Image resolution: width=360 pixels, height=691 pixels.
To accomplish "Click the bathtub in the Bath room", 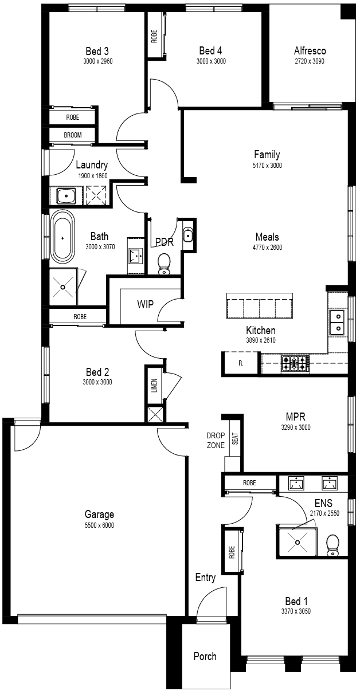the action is click(62, 237).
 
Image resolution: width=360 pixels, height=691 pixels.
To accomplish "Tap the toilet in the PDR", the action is click(163, 264).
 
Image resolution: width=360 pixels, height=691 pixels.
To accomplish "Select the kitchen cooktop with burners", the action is click(295, 363).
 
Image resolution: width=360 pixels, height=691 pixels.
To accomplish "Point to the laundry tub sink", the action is click(66, 195).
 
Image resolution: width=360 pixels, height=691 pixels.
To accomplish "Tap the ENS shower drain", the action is click(298, 542).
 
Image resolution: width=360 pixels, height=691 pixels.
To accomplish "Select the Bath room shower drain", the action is click(62, 287).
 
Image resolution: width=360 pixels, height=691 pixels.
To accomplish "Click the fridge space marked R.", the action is click(241, 363).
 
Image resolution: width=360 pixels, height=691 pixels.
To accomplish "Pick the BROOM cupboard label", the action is click(73, 135).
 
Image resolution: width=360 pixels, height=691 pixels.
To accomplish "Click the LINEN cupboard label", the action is click(154, 385).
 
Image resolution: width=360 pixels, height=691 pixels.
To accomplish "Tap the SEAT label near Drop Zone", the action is click(235, 438).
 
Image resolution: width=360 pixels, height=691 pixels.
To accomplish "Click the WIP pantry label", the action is click(145, 304).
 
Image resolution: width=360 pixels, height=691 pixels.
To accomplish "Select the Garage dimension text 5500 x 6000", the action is click(99, 525).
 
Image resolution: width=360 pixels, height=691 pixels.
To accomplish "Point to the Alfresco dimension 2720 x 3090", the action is click(310, 61).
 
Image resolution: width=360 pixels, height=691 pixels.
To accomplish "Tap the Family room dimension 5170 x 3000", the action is click(267, 166).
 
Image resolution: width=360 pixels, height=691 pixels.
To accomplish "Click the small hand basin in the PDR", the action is click(187, 235).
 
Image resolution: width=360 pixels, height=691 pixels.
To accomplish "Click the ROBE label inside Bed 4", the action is click(154, 36).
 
